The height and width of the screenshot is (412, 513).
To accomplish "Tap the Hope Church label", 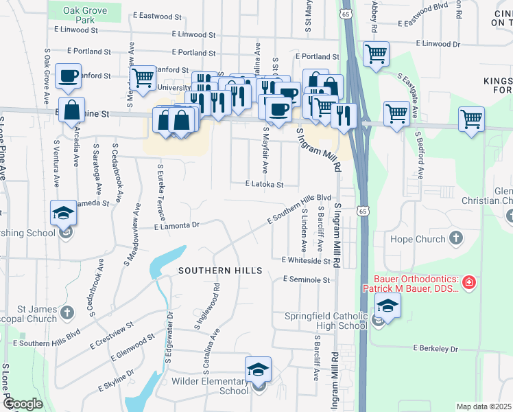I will click(x=417, y=239).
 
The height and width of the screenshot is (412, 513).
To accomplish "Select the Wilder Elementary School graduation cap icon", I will click(x=259, y=370).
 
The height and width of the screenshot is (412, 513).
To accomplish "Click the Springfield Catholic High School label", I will click(x=326, y=321).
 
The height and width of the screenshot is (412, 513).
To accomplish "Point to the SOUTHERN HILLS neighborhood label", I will click(x=220, y=271).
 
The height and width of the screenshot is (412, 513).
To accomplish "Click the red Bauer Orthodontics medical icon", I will click(x=468, y=282).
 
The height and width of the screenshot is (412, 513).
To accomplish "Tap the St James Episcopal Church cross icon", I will click(x=67, y=313).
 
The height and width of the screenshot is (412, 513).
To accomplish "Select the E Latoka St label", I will click(x=264, y=184).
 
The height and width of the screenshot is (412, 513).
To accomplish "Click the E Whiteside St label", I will click(x=306, y=260).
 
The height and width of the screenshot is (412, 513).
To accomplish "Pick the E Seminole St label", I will click(x=306, y=279).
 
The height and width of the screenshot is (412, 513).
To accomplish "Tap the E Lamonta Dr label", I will click(x=176, y=225).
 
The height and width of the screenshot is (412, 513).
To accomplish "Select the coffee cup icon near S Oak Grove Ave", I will click(x=68, y=76).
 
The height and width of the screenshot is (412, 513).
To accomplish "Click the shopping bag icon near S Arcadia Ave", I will click(x=72, y=109).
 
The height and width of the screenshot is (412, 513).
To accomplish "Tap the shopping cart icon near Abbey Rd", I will click(x=376, y=54).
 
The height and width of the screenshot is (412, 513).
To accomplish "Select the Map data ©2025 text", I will click(x=483, y=407).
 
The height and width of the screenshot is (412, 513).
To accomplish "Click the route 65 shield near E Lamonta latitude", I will click(x=362, y=211).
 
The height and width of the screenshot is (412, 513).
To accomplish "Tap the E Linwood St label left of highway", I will click(x=194, y=34).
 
